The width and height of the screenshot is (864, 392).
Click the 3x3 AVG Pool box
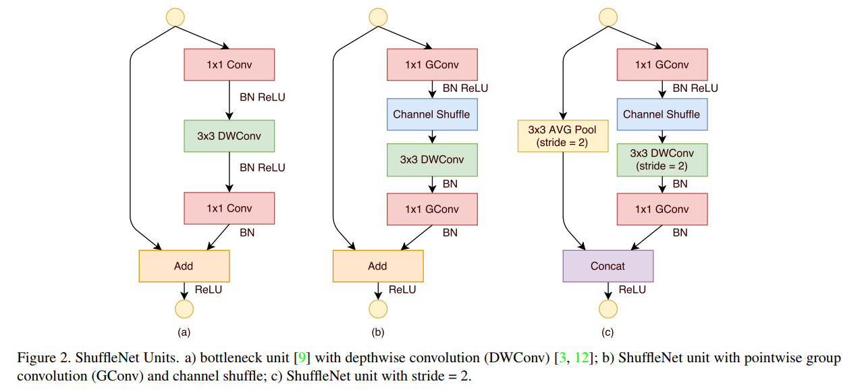point(563,136)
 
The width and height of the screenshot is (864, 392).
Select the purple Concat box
point(607,266)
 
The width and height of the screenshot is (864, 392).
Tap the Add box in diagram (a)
point(184,266)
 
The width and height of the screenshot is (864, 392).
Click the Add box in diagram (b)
point(377,266)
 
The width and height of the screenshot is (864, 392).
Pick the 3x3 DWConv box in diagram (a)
point(229,136)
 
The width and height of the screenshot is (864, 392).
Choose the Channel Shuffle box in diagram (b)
point(431,114)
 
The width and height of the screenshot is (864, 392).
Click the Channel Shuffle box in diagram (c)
point(661,114)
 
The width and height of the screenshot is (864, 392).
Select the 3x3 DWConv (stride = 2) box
point(661,160)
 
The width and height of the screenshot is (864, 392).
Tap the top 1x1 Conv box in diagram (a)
point(229,65)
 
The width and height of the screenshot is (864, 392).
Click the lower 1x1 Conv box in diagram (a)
point(229,208)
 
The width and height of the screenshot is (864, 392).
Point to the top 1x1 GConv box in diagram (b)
point(431,65)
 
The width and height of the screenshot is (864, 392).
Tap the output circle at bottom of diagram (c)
point(607,309)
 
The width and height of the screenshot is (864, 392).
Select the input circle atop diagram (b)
point(378,16)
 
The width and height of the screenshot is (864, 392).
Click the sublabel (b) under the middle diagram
point(377,332)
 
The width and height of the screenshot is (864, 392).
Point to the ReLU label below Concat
point(632,290)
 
